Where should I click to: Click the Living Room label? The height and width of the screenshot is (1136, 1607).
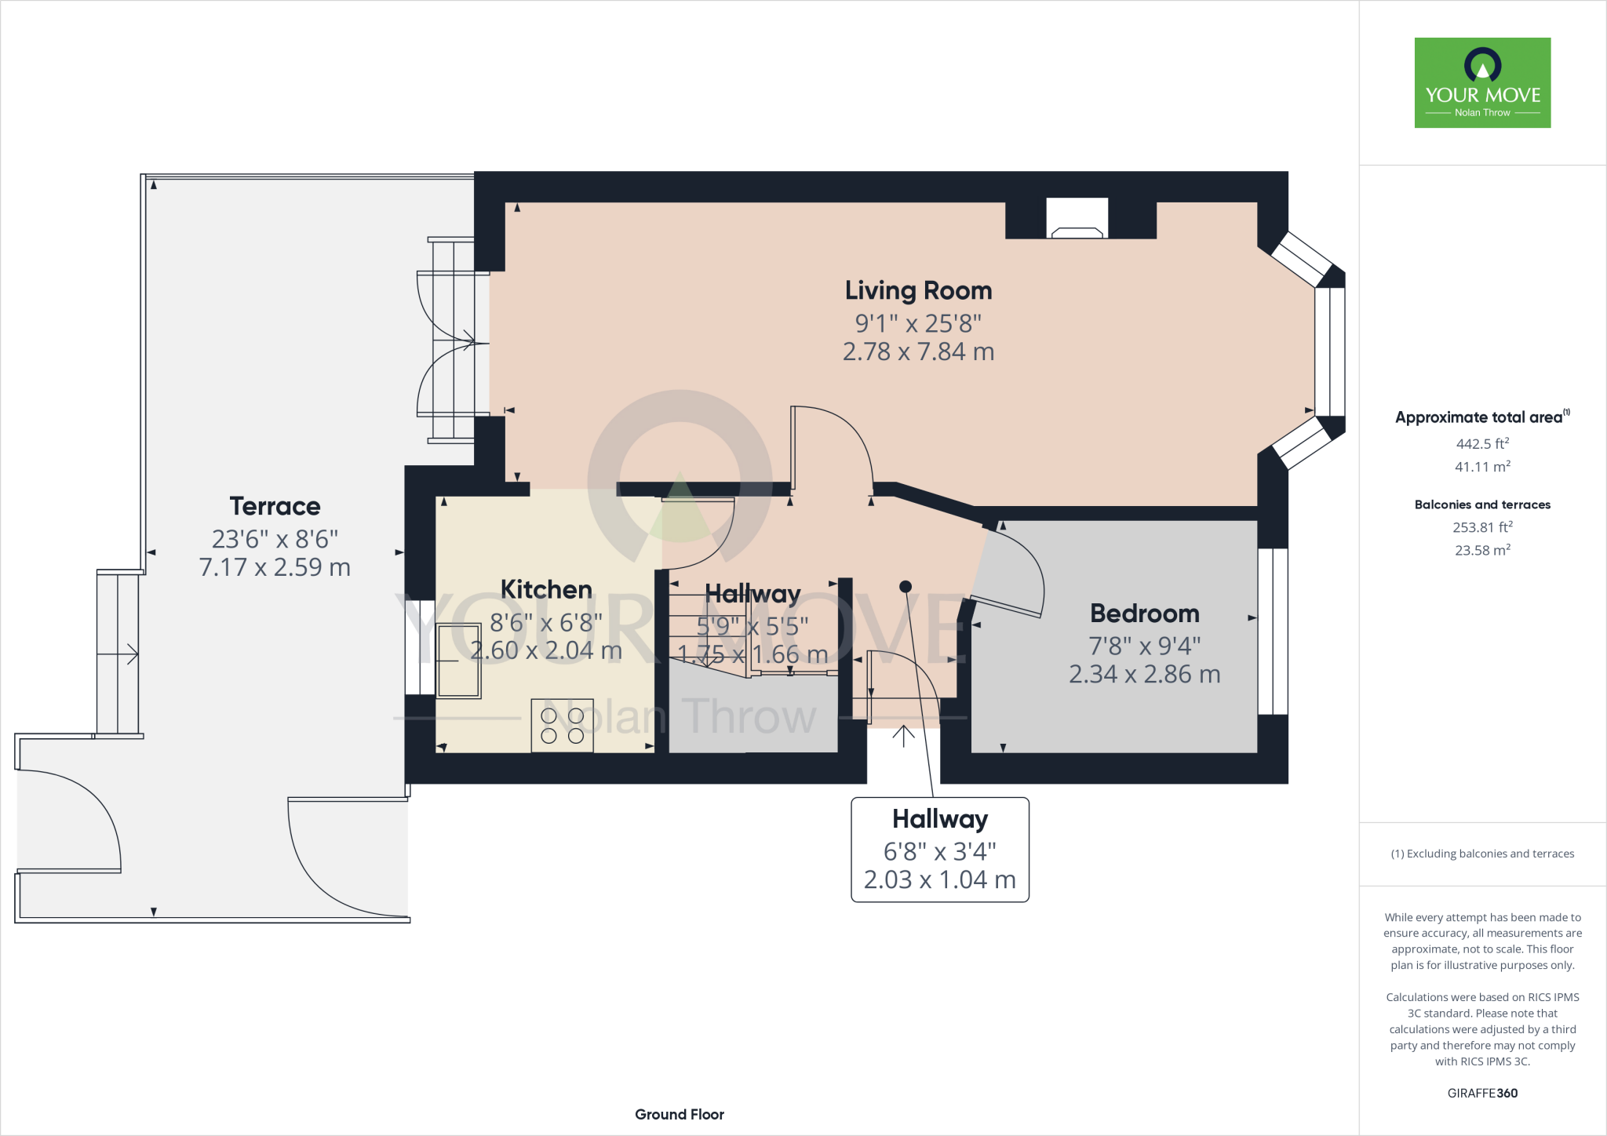click(918, 291)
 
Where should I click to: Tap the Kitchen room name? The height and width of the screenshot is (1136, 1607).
click(546, 590)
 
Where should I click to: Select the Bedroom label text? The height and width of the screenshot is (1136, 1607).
click(1144, 614)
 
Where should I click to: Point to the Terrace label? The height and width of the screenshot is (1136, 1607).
click(275, 507)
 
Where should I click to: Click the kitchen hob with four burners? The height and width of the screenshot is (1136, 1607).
click(562, 726)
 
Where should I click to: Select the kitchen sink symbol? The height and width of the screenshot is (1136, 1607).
click(459, 661)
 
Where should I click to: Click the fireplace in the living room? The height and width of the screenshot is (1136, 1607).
click(1077, 220)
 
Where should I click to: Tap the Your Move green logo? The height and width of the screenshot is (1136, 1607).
click(1482, 82)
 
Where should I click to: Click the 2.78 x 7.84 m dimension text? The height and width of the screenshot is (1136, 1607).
click(918, 351)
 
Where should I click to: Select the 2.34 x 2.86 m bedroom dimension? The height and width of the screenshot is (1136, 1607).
click(1144, 674)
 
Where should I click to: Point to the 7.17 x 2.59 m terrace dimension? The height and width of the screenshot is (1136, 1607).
click(275, 567)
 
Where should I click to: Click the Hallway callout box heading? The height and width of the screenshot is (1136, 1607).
click(939, 819)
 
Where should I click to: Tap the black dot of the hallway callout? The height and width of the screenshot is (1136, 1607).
click(905, 587)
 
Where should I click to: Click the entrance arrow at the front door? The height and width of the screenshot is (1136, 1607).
click(903, 737)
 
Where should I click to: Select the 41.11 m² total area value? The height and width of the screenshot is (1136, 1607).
click(1482, 467)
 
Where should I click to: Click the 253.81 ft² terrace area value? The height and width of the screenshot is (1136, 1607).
click(1482, 527)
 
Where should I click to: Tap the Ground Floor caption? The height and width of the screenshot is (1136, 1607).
click(679, 1114)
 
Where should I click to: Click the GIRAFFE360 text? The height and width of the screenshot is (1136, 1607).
click(1482, 1093)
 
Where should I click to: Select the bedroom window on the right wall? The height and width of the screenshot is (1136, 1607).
click(1272, 632)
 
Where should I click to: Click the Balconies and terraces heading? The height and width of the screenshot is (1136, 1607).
click(1482, 504)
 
